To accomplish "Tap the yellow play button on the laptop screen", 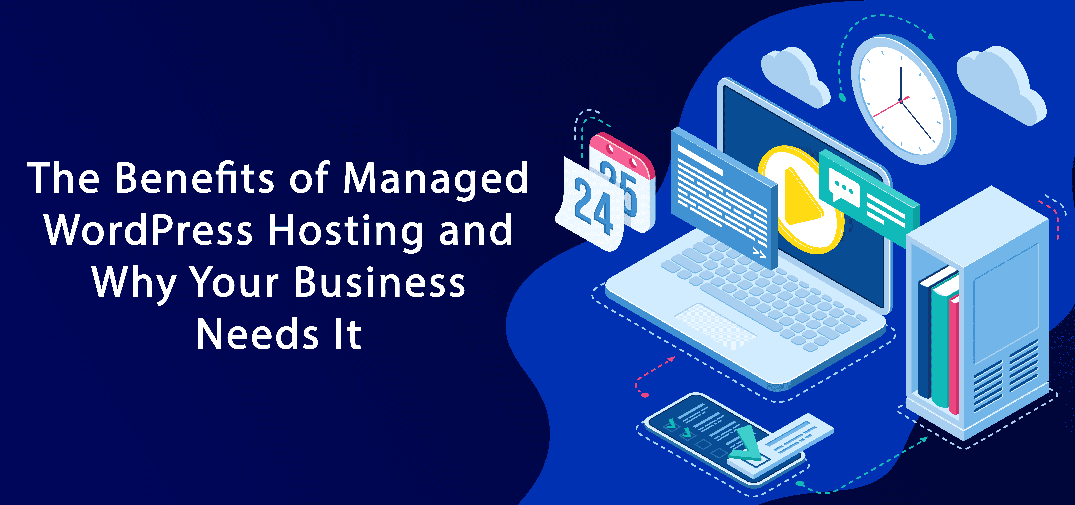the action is (799, 199).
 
